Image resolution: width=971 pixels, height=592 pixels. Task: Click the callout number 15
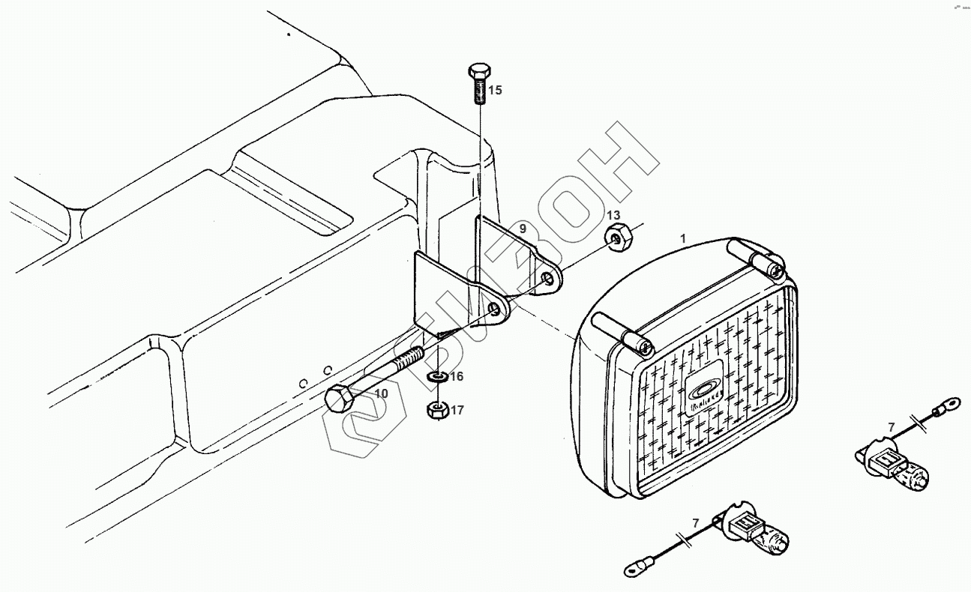(x=495, y=91)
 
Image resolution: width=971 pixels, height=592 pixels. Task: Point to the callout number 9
(x=522, y=227)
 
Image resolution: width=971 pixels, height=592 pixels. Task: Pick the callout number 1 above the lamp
(x=682, y=238)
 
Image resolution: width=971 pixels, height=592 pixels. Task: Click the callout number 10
(x=381, y=393)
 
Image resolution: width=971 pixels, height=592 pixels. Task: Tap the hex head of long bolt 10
(x=339, y=397)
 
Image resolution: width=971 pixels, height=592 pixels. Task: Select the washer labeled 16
(x=436, y=375)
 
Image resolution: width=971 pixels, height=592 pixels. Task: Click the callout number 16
(x=457, y=376)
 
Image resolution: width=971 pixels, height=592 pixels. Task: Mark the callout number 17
(x=457, y=410)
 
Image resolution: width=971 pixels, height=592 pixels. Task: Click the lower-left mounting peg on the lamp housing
(x=622, y=333)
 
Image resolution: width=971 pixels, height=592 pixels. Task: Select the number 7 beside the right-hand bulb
(x=891, y=428)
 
